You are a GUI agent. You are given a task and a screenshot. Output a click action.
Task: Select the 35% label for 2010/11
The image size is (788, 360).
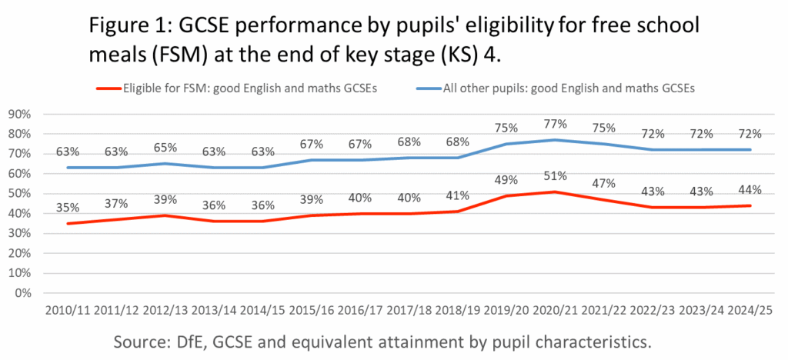(x=68, y=207)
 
